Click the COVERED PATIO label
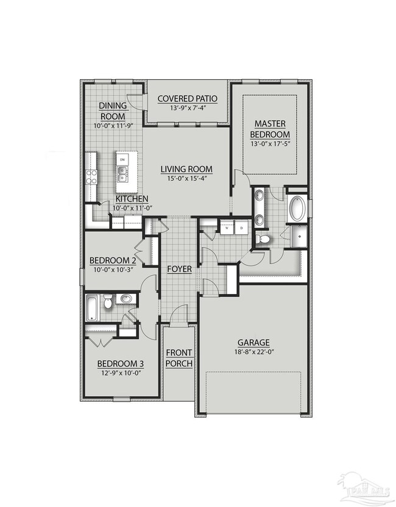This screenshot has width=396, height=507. point(187,99)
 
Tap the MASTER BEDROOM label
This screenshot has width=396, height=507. point(272,128)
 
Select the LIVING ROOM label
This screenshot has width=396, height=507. point(186,169)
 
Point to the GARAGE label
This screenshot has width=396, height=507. point(255,343)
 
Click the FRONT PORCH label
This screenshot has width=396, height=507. point(179,358)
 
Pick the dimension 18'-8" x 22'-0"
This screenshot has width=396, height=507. point(255,352)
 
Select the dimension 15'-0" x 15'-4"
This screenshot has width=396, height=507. point(186,179)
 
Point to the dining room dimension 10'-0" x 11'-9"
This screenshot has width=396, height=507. point(113,126)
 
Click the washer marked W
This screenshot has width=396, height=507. point(227,228)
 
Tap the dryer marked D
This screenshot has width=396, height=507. point(242,228)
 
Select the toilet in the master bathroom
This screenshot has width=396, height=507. point(264,239)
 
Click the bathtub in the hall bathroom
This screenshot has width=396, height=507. point(92,307)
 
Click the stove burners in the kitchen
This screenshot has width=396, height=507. point(91,177)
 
